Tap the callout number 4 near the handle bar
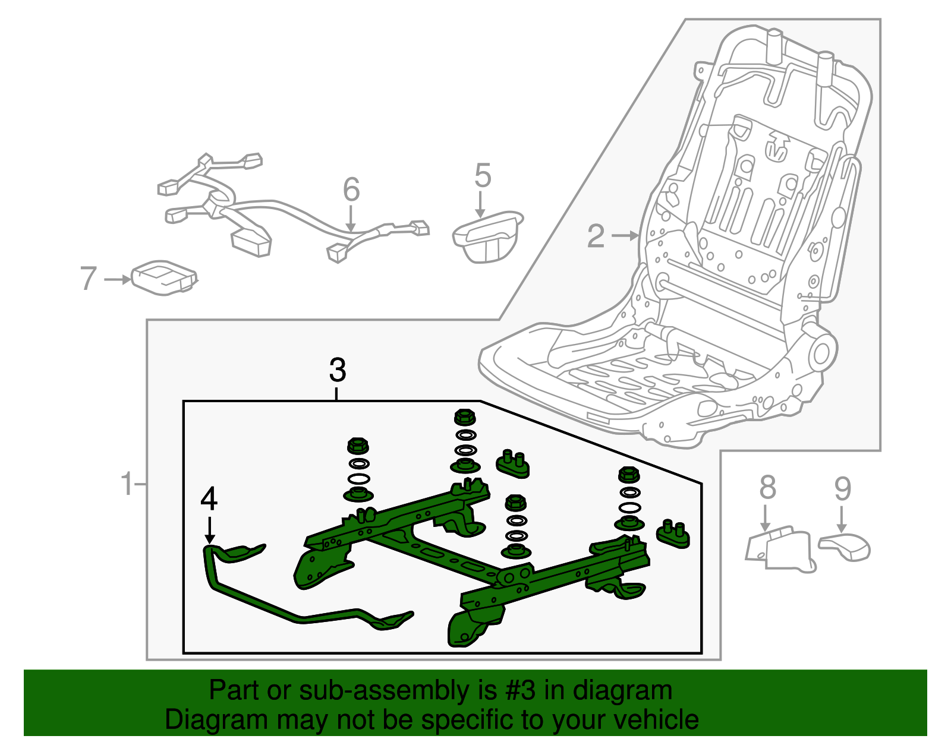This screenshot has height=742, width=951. click(x=209, y=499)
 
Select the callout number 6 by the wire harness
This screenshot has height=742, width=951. click(x=351, y=190)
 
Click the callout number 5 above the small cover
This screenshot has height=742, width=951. click(x=483, y=176)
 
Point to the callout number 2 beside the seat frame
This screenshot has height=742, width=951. click(x=596, y=236)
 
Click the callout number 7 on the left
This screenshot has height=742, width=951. click(x=88, y=279)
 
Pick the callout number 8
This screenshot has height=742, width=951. click(x=767, y=488)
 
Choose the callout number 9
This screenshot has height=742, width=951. click(x=842, y=488)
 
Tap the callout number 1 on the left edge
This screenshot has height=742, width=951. click(x=127, y=484)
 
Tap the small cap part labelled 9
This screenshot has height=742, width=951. click(x=846, y=547)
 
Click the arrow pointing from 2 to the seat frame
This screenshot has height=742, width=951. click(x=625, y=236)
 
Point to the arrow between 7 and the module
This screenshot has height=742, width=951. click(x=118, y=279)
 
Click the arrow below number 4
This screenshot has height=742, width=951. click(x=209, y=530)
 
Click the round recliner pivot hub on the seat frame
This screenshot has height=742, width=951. click(x=821, y=353)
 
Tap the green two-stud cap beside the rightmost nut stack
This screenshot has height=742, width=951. click(x=673, y=533)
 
